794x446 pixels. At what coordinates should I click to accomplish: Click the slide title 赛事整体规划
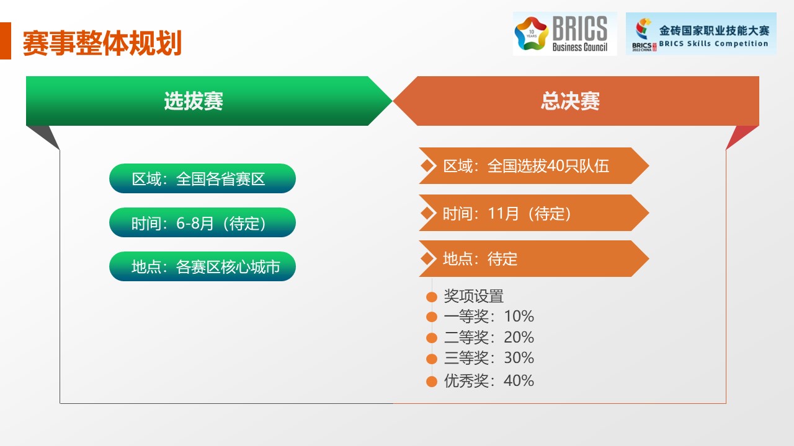[102, 43]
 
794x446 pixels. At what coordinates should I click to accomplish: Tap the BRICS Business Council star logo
[532, 34]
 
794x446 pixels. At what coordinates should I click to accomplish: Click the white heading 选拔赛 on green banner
[194, 101]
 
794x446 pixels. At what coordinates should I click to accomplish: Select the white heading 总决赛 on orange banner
[570, 101]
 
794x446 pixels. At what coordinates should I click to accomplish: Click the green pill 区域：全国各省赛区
[202, 178]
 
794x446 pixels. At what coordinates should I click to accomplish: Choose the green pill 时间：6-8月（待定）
[202, 222]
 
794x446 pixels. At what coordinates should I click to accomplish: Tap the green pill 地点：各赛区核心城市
[202, 266]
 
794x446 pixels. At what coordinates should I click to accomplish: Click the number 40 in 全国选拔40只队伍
[555, 166]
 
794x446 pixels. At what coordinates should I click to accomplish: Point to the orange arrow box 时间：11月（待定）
[534, 212]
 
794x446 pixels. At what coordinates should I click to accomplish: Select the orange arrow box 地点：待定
[534, 259]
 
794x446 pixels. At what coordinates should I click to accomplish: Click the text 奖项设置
[473, 296]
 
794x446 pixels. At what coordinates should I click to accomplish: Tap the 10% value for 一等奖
[519, 316]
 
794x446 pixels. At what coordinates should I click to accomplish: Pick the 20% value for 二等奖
[519, 338]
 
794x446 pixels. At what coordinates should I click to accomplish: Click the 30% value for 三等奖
[519, 358]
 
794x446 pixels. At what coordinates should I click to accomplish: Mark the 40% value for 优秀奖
[519, 381]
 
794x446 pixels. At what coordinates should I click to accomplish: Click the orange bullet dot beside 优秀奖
[432, 382]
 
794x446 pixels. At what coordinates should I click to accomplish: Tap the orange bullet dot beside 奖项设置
[432, 297]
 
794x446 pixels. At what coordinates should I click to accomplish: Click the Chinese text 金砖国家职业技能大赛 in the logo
[714, 31]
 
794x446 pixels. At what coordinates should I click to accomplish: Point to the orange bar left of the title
[6, 41]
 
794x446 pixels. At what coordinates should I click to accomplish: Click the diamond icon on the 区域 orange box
[428, 165]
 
